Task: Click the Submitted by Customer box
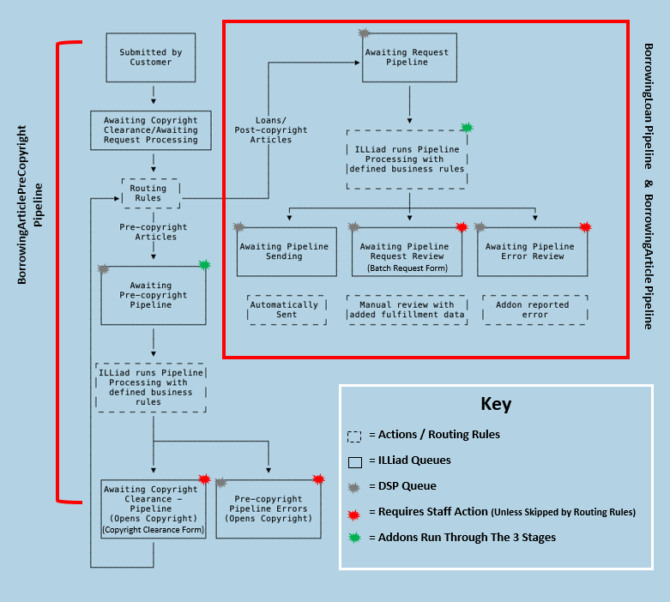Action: coord(151,57)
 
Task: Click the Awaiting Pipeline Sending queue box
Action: coord(283,251)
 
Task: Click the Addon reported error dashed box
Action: coord(536,310)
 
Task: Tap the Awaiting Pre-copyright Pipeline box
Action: coord(153,295)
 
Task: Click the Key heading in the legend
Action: coord(495,404)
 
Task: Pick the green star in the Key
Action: coord(354,537)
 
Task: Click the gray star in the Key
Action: coord(354,485)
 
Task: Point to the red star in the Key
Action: coord(354,511)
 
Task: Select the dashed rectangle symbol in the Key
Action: coord(354,435)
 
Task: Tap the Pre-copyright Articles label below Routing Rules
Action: coord(152,232)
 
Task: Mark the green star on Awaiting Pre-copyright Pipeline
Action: coord(204,265)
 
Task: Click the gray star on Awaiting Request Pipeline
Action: coord(364,33)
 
